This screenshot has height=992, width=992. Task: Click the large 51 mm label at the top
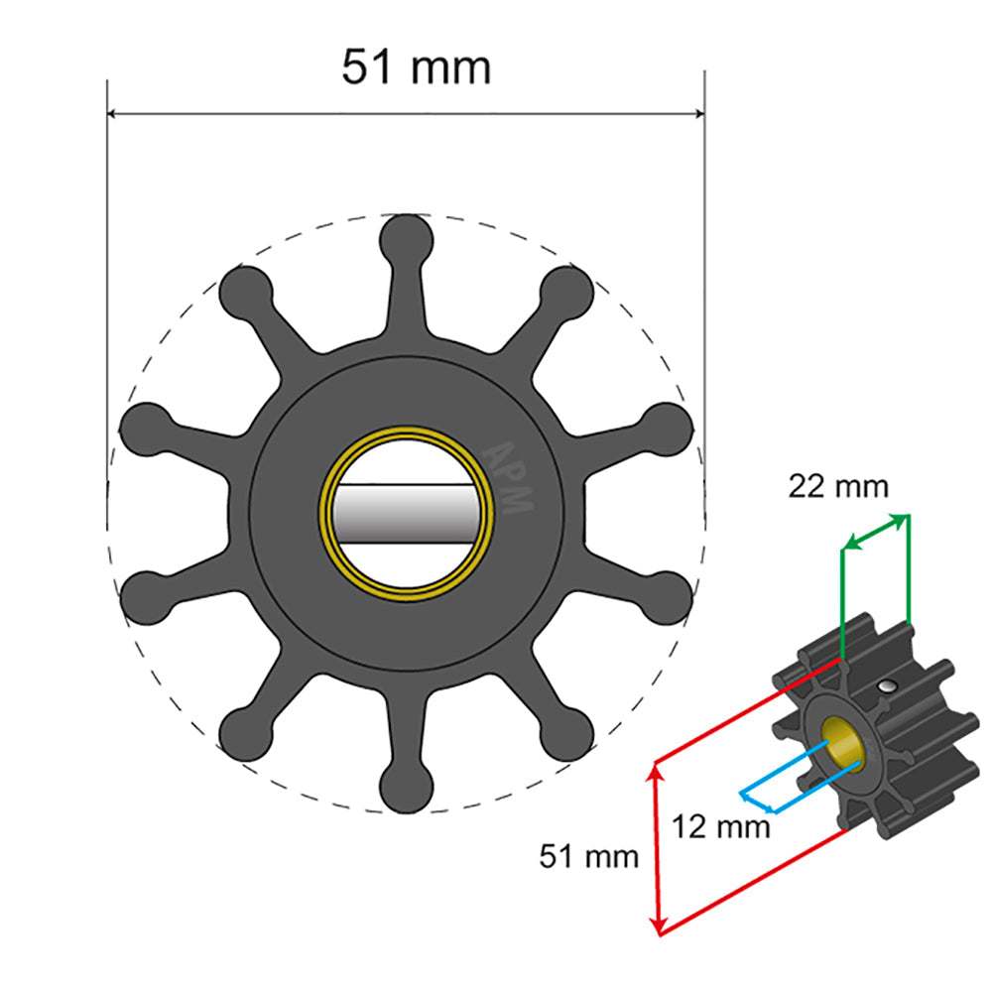pyautogui.click(x=416, y=68)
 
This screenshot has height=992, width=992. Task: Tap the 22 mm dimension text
pyautogui.click(x=838, y=487)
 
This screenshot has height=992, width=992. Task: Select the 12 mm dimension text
pyautogui.click(x=720, y=825)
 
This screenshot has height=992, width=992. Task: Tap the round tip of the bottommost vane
pyautogui.click(x=407, y=790)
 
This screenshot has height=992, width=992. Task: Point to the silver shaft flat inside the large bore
pyautogui.click(x=407, y=516)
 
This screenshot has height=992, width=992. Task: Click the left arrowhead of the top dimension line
pyautogui.click(x=113, y=114)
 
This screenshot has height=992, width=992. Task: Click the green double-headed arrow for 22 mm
pyautogui.click(x=874, y=532)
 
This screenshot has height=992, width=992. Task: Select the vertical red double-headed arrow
pyautogui.click(x=656, y=847)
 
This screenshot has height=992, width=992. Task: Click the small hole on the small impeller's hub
pyautogui.click(x=883, y=686)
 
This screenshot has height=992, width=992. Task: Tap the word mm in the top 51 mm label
pyautogui.click(x=452, y=68)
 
